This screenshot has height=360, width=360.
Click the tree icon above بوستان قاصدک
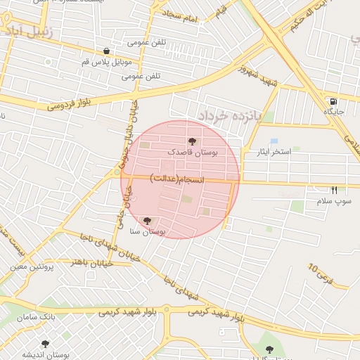click(x=193, y=142)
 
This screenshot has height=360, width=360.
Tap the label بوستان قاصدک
click(x=193, y=152)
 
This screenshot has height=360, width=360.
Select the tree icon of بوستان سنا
click(x=147, y=221)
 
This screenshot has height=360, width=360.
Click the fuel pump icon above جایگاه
click(x=333, y=101)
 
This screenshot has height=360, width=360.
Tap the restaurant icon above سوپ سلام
click(x=334, y=190)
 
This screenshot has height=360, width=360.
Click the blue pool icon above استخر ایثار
click(x=274, y=142)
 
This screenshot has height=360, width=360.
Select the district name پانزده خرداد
click(x=229, y=115)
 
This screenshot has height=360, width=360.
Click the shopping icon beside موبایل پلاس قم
click(x=106, y=51)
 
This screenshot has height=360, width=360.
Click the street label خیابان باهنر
click(x=87, y=262)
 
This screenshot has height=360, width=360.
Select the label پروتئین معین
click(x=33, y=267)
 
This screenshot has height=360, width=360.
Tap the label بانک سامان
click(x=38, y=317)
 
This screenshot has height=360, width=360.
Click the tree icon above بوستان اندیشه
click(x=46, y=344)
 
